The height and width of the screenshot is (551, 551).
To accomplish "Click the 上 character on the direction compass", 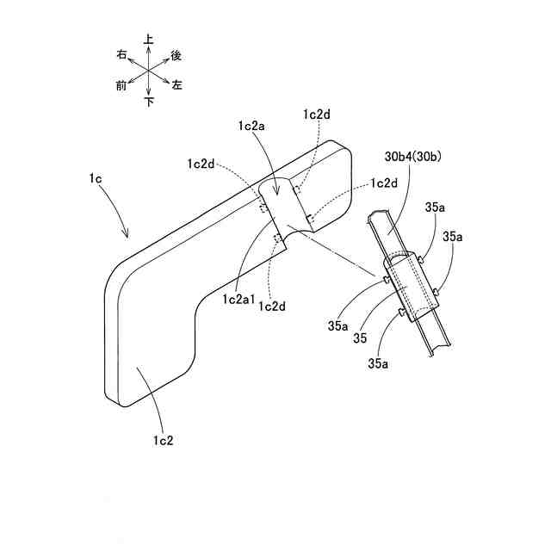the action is click(149, 40).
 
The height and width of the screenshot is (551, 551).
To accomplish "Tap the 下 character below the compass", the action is click(149, 102).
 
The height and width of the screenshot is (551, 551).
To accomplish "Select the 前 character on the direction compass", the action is click(121, 85).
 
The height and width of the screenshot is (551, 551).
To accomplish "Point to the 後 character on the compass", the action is click(176, 55).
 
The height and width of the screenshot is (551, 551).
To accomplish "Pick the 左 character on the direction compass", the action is click(176, 85).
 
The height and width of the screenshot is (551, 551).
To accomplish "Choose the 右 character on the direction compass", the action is click(121, 55).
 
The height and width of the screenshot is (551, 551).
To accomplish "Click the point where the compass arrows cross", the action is click(149, 71).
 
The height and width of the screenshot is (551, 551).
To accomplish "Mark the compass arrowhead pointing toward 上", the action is click(149, 48).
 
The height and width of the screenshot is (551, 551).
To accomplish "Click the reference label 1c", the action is click(94, 178).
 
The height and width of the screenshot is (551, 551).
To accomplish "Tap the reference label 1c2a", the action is click(252, 126).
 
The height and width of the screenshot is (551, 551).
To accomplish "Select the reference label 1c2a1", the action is click(237, 299).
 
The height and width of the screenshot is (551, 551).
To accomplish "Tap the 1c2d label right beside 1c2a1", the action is click(271, 306).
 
